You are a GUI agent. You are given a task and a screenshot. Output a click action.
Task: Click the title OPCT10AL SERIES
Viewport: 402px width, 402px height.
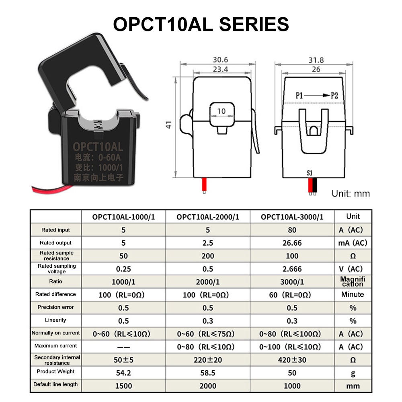[x=201, y=24]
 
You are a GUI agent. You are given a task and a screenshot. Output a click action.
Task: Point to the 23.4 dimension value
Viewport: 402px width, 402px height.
[x=220, y=69]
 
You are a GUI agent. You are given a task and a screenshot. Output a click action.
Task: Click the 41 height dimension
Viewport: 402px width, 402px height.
[x=169, y=125]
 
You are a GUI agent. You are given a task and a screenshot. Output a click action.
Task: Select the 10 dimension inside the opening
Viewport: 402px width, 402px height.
[x=222, y=111]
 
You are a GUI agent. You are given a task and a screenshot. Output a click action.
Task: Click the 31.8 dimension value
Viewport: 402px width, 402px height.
[x=316, y=60]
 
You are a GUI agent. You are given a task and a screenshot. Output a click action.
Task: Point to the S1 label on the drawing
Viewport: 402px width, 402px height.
[x=310, y=173]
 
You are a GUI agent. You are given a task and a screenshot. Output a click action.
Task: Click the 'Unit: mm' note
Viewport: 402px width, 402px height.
[x=351, y=194]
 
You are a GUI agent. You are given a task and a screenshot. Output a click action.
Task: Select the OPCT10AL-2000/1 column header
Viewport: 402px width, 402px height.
[x=208, y=217]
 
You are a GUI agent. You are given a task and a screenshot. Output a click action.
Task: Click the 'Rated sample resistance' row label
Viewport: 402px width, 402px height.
[x=56, y=256]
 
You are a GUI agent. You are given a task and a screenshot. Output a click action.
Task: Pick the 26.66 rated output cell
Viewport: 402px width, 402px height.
[x=292, y=243]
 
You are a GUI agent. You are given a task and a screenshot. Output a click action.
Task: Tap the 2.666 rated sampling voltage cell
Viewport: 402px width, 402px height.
[x=292, y=269]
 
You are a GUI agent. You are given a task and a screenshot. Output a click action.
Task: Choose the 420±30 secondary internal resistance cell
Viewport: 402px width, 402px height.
[x=292, y=360]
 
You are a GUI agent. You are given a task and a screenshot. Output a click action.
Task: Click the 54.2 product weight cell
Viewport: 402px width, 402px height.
[x=123, y=373]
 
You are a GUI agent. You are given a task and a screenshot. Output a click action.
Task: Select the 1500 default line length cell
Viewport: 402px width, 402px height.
[x=123, y=386]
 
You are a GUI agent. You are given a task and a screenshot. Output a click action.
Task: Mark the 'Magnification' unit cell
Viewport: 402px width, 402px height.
[x=353, y=281]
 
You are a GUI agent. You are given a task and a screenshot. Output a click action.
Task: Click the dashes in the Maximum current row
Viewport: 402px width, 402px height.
[x=123, y=347]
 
